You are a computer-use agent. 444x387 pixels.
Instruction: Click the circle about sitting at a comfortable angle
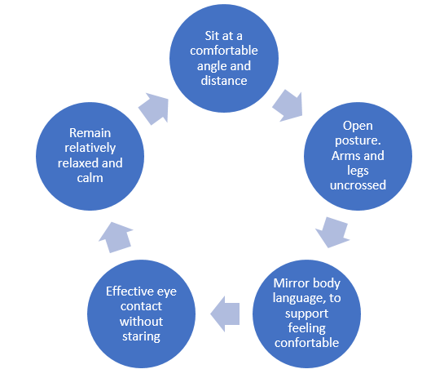coord(224,58)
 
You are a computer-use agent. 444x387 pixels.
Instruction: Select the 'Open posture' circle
coord(358,156)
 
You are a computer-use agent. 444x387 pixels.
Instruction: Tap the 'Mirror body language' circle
coord(306,314)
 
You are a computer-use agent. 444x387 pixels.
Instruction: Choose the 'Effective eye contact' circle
coord(141,314)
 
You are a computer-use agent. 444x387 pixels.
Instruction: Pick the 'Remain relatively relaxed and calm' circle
coord(90,156)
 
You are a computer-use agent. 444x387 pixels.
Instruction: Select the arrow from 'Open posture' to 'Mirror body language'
coord(332,233)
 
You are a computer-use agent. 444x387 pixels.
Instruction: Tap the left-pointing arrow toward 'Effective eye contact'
coord(225,314)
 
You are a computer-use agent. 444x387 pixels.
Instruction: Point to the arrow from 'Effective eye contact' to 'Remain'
coord(116,238)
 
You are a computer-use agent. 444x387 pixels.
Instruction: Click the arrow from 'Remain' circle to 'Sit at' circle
coord(154,109)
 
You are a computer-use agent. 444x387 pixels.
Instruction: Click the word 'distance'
coord(224,81)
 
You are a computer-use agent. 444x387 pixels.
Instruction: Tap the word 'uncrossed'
coord(358,185)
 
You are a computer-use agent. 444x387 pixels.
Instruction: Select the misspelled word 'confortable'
coord(306,343)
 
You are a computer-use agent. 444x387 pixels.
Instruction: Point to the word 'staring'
coord(141,336)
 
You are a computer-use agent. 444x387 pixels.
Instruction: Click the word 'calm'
coord(90,178)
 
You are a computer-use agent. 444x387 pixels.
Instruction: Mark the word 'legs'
coord(358,171)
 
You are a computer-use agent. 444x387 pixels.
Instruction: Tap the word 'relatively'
coord(90,148)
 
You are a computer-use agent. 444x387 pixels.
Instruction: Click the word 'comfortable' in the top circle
coord(224,51)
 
